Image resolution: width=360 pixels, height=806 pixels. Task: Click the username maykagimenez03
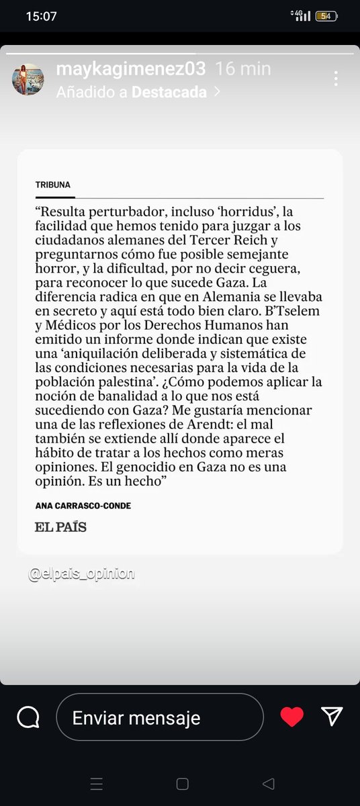point(132,69)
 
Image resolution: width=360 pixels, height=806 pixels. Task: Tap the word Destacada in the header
point(169,93)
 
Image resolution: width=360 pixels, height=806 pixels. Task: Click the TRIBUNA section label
point(52,185)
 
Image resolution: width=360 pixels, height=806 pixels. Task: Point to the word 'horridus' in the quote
point(246,210)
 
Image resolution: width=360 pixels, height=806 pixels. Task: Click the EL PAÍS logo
point(60,527)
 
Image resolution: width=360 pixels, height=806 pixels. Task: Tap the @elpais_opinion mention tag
point(81,574)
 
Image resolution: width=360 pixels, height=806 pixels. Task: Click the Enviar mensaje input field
point(159,717)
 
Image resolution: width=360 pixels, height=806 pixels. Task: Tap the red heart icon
point(291,717)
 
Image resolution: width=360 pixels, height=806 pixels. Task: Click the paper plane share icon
point(332,717)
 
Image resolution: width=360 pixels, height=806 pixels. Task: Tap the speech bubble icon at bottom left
point(28,717)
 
